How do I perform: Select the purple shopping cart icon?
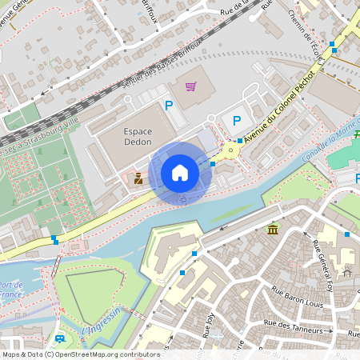pyautogui.click(x=190, y=86)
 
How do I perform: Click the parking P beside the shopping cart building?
pyautogui.click(x=168, y=105)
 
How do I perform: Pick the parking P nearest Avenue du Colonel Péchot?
pyautogui.click(x=236, y=121)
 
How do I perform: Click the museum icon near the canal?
pyautogui.click(x=274, y=230)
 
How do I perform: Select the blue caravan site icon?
pyautogui.click(x=59, y=341)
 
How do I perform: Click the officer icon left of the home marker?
pyautogui.click(x=138, y=179)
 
